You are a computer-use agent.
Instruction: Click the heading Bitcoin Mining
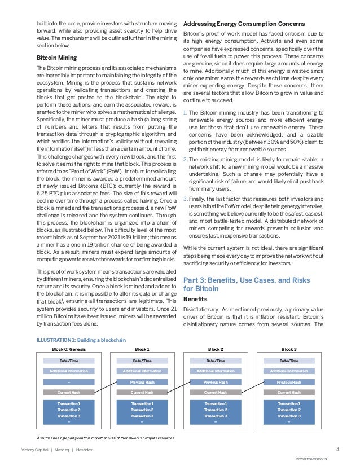(x=56, y=58)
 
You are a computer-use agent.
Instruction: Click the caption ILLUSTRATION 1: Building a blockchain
(x=81, y=340)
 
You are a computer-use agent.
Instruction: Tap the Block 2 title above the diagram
(x=216, y=349)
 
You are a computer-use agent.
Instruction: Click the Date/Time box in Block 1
(x=142, y=360)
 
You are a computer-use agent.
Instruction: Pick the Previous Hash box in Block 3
(x=289, y=382)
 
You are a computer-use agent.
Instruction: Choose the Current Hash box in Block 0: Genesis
(x=68, y=392)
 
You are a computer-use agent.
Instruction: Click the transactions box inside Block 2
(x=216, y=410)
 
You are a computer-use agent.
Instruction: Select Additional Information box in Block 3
(x=289, y=371)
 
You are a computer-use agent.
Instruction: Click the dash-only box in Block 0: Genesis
(x=68, y=382)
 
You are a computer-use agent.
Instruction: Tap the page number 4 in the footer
(x=337, y=450)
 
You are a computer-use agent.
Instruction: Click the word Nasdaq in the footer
(x=58, y=450)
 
